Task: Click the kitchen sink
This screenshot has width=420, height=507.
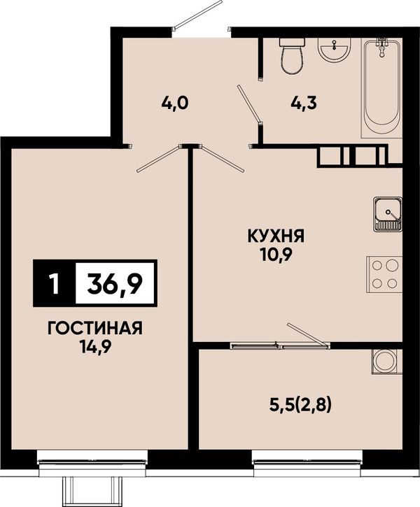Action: tap(388, 214)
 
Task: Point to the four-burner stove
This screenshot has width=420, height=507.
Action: tap(384, 274)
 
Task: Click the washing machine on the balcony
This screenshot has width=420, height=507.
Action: tap(387, 362)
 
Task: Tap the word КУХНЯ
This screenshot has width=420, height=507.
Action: tap(276, 236)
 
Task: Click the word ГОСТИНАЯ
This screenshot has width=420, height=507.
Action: tap(95, 329)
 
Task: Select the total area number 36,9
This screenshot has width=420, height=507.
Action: tap(115, 283)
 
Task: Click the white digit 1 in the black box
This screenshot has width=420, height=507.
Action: tap(55, 283)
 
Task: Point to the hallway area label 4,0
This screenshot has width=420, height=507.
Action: tap(175, 103)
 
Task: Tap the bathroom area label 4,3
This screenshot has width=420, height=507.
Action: tap(303, 103)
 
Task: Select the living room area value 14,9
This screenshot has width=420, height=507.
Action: tap(95, 348)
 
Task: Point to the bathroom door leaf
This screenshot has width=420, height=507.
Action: tap(248, 103)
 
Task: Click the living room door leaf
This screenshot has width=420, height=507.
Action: tap(159, 159)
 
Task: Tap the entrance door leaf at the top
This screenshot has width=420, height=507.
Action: tap(197, 14)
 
